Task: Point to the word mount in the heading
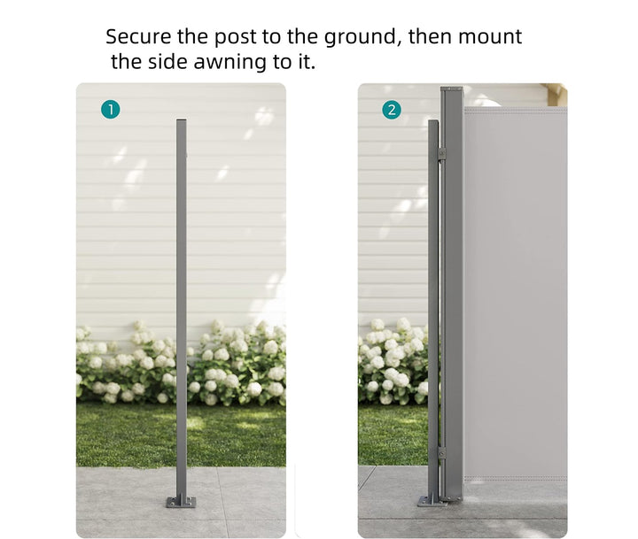(x=490, y=37)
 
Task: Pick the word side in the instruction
(x=178, y=63)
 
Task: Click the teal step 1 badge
(x=110, y=110)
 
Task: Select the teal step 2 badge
(x=392, y=110)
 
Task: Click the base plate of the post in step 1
(x=182, y=502)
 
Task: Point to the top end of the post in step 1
(x=182, y=122)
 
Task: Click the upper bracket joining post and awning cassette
(x=440, y=154)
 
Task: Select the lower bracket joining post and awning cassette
(x=440, y=452)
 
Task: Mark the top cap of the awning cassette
(x=452, y=89)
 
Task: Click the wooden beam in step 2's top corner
(x=556, y=94)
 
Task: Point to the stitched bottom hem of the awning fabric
(x=515, y=479)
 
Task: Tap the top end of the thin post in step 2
(x=433, y=122)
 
